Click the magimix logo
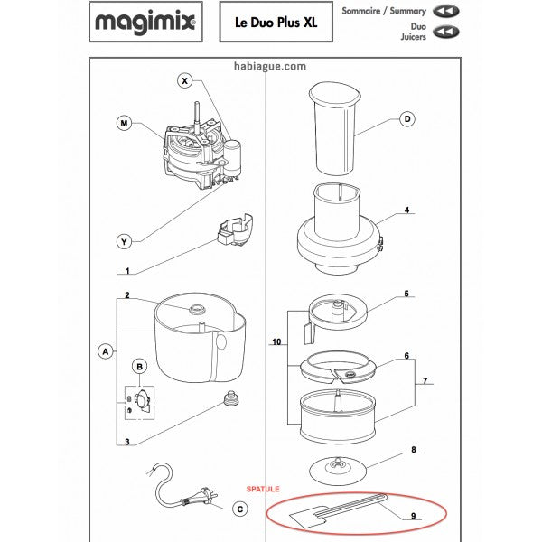(145, 22)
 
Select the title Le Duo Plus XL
(276, 23)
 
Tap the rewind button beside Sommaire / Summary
(446, 11)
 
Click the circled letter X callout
(184, 81)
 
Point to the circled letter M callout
(124, 123)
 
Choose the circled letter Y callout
(124, 241)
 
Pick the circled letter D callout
(407, 119)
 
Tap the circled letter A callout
(106, 352)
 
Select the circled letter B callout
(140, 367)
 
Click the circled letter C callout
(240, 509)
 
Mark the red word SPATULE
(263, 489)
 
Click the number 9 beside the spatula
(414, 516)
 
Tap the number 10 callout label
(276, 341)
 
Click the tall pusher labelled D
(334, 128)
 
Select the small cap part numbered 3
(231, 398)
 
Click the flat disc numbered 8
(337, 471)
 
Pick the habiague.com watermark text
(270, 66)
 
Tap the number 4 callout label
(406, 210)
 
